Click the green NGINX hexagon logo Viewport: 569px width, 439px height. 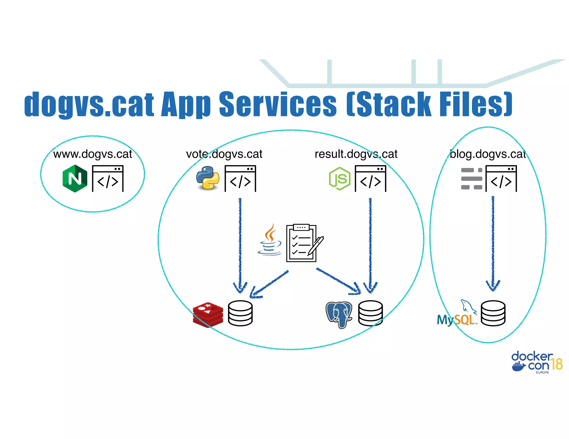[75, 179]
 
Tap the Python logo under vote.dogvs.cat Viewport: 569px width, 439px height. [208, 178]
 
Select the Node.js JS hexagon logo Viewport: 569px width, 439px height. [340, 179]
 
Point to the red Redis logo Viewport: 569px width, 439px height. [208, 315]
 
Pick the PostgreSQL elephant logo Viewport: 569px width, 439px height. [339, 314]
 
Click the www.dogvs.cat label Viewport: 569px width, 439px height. [93, 154]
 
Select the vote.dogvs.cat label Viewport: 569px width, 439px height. [224, 154]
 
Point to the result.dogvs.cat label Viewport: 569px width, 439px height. [356, 154]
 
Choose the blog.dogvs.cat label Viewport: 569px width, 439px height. [488, 154]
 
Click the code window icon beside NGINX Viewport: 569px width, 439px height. [108, 179]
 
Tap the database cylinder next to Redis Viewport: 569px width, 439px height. [240, 313]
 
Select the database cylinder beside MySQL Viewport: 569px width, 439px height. [493, 313]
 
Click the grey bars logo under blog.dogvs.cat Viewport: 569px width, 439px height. [471, 179]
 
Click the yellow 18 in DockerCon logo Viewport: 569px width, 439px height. [556, 364]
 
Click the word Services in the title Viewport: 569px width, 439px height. [278, 104]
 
